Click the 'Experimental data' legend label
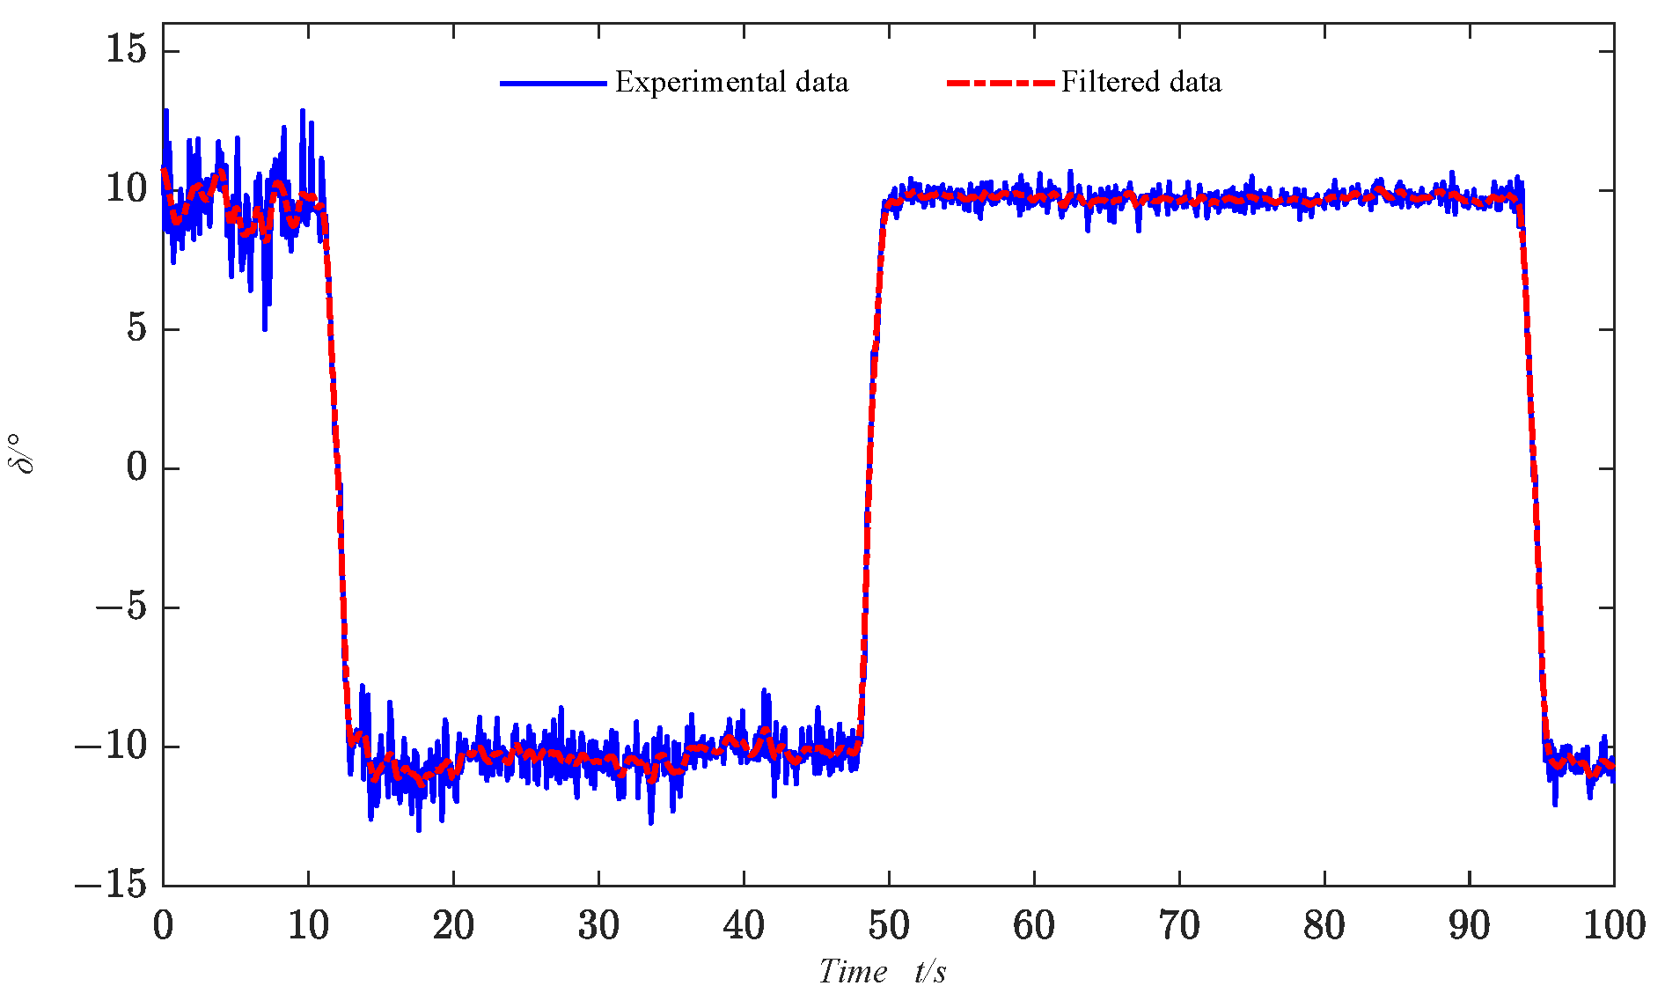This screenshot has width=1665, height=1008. [731, 82]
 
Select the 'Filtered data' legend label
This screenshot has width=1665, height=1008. [1141, 82]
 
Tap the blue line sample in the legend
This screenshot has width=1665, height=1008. [553, 83]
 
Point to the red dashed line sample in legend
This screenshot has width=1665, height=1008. [1000, 83]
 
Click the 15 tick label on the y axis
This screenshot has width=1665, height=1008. [126, 48]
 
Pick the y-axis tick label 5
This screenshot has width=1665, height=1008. [136, 328]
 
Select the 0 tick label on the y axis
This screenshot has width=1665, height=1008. [136, 467]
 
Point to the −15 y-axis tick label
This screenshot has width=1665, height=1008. [111, 883]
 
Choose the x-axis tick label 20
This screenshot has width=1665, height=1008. [453, 926]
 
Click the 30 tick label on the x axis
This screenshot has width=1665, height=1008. [598, 926]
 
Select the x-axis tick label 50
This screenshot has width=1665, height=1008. [889, 926]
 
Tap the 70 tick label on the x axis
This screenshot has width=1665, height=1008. [1179, 926]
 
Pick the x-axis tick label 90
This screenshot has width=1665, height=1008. [1470, 926]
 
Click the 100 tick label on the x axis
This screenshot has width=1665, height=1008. [1614, 926]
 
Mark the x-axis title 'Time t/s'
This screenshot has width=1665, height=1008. [883, 972]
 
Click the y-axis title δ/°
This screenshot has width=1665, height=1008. [25, 453]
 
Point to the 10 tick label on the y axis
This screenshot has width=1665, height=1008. [126, 188]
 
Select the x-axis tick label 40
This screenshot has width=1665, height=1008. [744, 926]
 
